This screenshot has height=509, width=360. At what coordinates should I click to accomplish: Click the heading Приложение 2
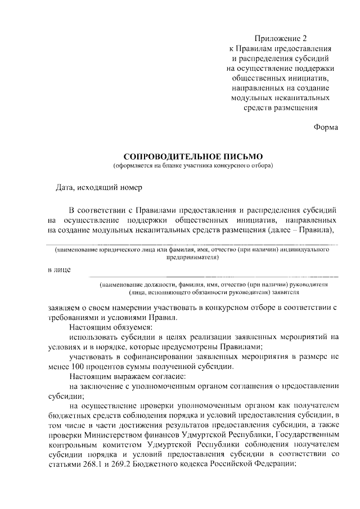[x=281, y=38]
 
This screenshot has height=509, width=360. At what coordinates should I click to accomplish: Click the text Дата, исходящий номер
[x=100, y=187]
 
